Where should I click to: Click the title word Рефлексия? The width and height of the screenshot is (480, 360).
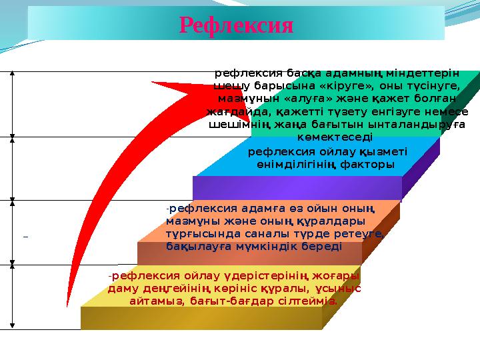coord(237,25)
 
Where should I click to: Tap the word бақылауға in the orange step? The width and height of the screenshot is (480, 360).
coord(195,246)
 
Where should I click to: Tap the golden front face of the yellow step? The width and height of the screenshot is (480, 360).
coord(200,318)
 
